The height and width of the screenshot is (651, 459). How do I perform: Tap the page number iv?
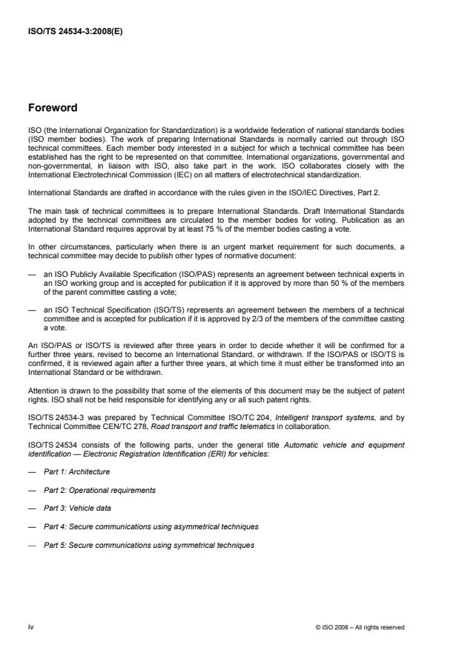pos(32,627)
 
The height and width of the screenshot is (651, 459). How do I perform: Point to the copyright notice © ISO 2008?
pos(360,628)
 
